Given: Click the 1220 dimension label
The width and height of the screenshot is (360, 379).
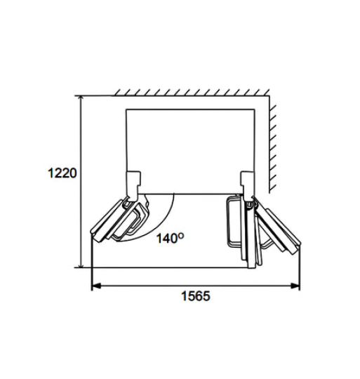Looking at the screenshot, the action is (x=62, y=173).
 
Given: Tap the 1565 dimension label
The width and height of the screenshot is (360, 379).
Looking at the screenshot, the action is (x=196, y=296).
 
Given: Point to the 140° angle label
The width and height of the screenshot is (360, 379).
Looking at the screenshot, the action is (x=170, y=238).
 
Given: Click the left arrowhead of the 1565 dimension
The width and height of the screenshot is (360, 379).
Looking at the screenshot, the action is (x=96, y=286).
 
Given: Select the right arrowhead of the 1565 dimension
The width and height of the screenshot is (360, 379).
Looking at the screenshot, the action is (x=295, y=286).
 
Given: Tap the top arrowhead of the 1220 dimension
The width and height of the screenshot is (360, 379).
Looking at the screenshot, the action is (x=81, y=100).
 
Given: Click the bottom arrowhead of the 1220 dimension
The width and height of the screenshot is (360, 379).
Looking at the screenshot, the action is (x=81, y=264).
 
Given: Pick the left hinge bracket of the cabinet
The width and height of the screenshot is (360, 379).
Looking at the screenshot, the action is (x=133, y=186).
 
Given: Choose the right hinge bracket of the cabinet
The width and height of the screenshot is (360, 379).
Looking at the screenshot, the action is (x=247, y=186).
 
